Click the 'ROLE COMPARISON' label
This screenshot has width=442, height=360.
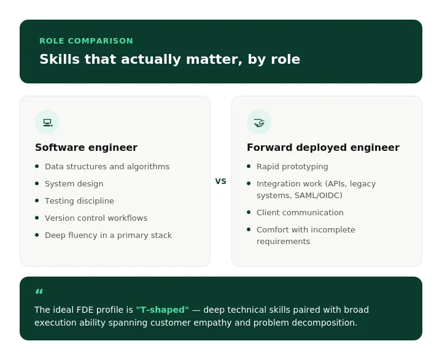pos(87,41)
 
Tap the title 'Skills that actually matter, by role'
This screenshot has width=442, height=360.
pos(169,59)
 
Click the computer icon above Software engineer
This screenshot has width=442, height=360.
pos(48,123)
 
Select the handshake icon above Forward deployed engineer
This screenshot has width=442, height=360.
pos(259,123)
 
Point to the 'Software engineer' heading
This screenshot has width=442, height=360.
pos(87,147)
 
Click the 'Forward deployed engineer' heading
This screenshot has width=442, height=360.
pos(323,147)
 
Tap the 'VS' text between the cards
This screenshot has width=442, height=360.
pos(221,181)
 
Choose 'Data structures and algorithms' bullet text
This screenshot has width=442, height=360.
pos(107,166)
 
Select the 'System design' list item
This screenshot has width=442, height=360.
pos(74,183)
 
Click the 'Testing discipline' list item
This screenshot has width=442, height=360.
pos(79,201)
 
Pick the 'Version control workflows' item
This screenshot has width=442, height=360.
pos(96,218)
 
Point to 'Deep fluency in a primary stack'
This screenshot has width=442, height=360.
pos(108,236)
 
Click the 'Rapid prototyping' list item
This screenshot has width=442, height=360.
pos(292,166)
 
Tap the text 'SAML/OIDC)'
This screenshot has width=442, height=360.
pos(319,195)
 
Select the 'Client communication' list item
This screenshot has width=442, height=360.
pos(300,212)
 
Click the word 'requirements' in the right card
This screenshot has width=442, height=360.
pos(283,242)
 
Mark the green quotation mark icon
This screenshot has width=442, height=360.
pos(39,291)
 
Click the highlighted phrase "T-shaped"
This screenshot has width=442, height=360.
pos(162,310)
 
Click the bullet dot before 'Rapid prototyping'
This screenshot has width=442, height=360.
pos(249,166)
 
